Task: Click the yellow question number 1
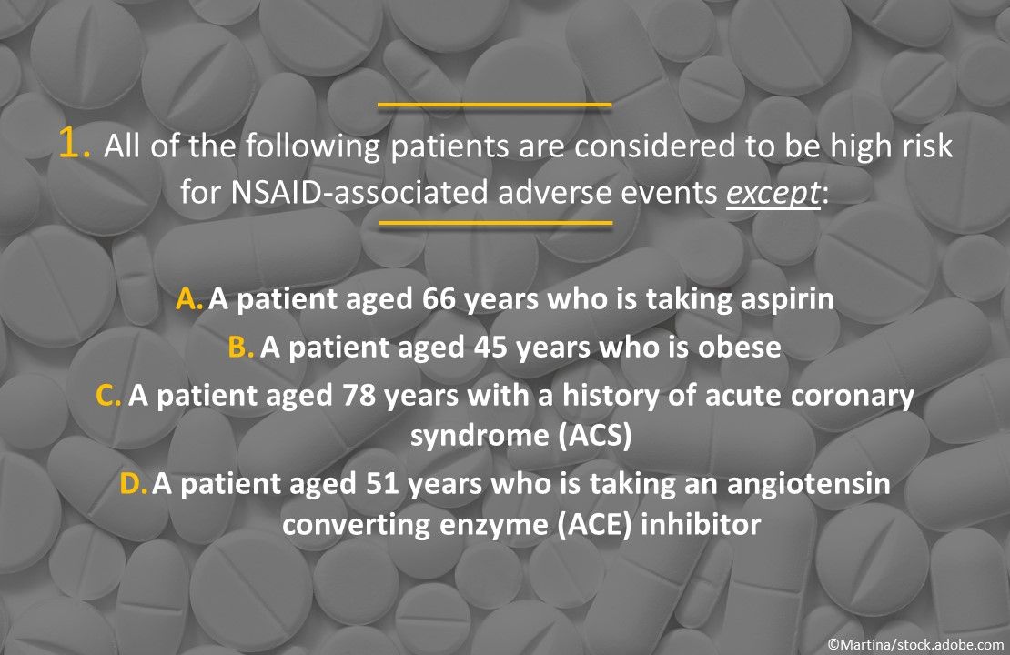pos(73,145)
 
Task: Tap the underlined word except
pos(773,196)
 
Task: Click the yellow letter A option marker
pos(189,299)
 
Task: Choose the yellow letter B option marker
pos(241,348)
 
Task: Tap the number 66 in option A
pos(439,299)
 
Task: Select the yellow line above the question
pos(494,105)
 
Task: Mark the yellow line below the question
pos(495,222)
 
